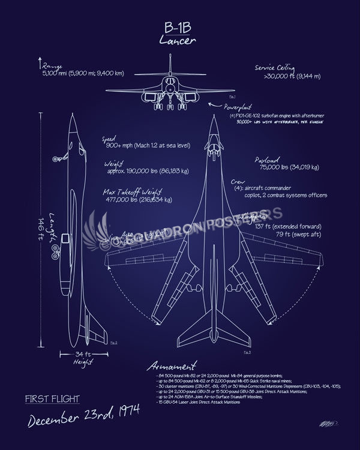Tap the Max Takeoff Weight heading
pos(134,192)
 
